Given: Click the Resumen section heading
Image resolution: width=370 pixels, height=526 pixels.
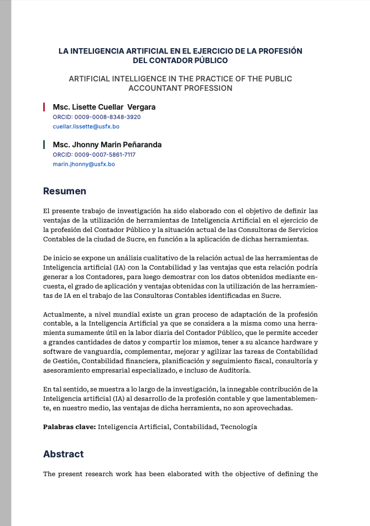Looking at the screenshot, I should [65, 192].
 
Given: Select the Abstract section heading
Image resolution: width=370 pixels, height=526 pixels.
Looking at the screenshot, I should [64, 454].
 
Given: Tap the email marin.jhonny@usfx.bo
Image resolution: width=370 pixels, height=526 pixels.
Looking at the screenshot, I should [84, 164].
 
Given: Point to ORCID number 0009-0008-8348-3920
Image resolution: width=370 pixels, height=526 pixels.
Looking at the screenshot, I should [96, 117].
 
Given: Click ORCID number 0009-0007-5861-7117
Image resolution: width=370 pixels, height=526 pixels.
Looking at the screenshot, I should [94, 155].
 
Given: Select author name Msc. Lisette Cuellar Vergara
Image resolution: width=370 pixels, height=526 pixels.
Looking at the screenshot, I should [104, 107].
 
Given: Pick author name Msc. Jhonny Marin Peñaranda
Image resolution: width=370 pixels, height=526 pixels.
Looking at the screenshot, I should [107, 145].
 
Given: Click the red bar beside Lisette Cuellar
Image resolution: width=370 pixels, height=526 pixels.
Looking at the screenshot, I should [44, 107].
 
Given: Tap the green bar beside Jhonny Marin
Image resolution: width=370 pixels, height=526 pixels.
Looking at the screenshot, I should [44, 145].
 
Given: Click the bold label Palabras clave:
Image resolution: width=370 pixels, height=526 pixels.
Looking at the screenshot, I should [70, 427].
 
